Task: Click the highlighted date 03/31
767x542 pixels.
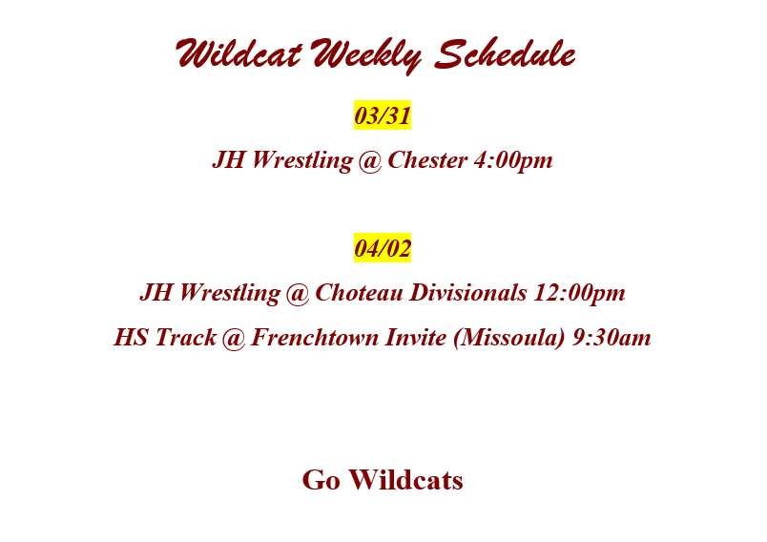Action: tap(383, 115)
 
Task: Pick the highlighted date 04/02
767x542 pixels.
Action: tap(383, 249)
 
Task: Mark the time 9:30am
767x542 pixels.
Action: tap(612, 338)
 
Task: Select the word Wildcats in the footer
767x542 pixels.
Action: tap(406, 480)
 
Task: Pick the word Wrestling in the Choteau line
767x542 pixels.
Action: tap(228, 293)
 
